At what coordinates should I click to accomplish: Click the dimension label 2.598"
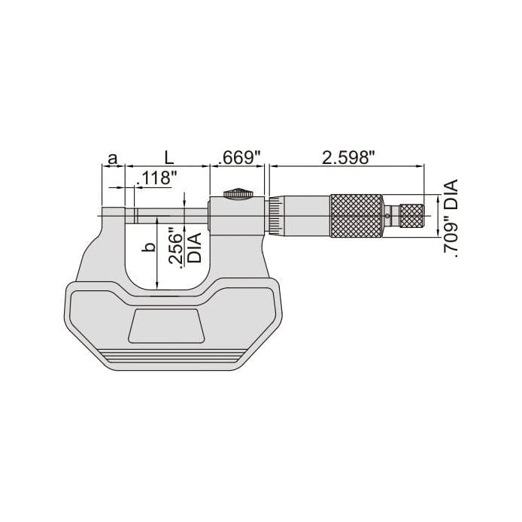tap(347, 157)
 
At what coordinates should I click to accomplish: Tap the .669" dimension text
tap(238, 157)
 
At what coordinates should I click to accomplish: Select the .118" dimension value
tap(158, 178)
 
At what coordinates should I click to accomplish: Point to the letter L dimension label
tap(168, 157)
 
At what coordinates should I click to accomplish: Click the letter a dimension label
tap(113, 157)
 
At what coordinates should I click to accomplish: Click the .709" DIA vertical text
tap(450, 218)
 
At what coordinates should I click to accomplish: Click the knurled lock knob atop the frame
tap(238, 194)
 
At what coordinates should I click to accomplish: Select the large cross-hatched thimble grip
tap(356, 216)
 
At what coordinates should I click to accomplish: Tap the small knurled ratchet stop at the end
tap(411, 216)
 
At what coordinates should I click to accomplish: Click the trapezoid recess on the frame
tap(165, 326)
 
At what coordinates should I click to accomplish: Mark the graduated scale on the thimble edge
tap(275, 216)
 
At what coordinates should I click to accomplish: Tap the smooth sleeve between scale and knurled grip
tap(305, 216)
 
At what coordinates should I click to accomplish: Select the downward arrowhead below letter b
tap(156, 284)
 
